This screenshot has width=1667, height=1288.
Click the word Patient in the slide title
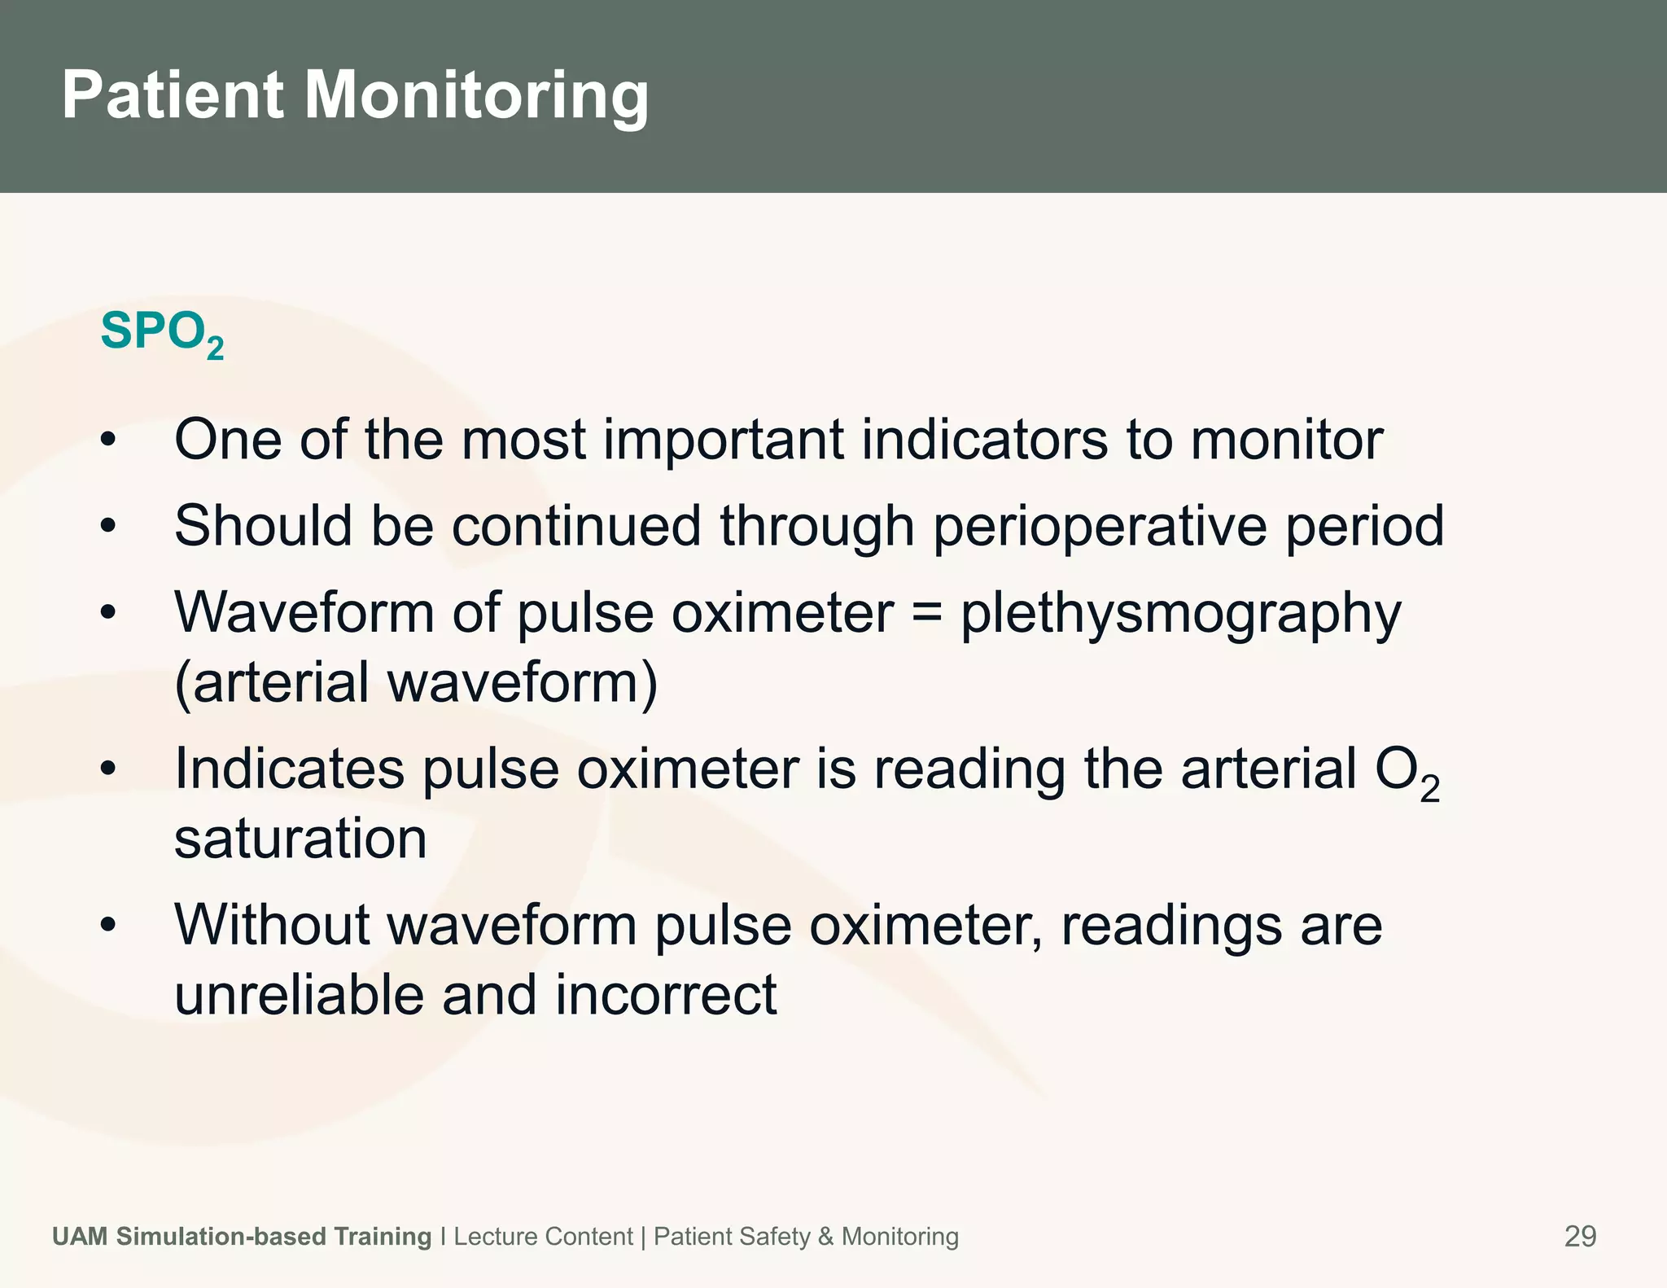[x=173, y=94]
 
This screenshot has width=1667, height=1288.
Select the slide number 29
[x=1580, y=1236]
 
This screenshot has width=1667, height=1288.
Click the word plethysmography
[x=1181, y=614]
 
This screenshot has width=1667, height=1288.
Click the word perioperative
[x=1100, y=527]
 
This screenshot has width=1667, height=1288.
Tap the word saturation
[x=300, y=839]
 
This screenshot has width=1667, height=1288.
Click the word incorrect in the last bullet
[x=666, y=995]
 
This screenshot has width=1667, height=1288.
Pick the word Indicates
[x=289, y=769]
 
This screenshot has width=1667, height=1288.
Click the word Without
[x=271, y=925]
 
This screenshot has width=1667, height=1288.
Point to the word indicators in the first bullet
[x=984, y=440]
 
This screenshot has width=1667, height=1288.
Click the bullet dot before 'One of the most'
[x=109, y=440]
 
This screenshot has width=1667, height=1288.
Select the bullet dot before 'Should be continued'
[x=109, y=527]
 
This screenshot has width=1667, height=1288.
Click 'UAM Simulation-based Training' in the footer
[x=242, y=1236]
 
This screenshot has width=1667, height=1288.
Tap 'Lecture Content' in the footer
[x=543, y=1236]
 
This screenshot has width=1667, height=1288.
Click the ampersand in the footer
[x=825, y=1236]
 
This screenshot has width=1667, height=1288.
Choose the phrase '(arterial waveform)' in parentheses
[x=416, y=683]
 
